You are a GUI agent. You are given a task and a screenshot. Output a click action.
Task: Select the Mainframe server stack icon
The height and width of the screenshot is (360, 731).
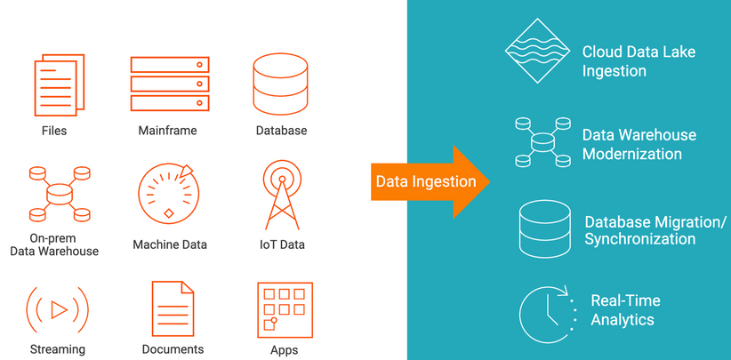click(169, 84)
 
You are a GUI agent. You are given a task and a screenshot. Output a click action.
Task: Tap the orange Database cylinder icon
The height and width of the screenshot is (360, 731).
click(280, 84)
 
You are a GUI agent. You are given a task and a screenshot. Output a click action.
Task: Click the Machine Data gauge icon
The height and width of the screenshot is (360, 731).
click(168, 193)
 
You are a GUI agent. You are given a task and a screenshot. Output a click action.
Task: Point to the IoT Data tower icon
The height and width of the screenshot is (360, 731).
click(281, 194)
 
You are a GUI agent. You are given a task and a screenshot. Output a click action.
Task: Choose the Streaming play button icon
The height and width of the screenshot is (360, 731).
click(58, 309)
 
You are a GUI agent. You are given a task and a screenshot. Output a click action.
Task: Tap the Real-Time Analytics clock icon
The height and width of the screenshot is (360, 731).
click(545, 311)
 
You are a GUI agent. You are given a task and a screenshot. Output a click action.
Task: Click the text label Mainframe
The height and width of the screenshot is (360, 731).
click(167, 131)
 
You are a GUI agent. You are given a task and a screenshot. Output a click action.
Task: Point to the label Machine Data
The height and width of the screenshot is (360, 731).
click(169, 244)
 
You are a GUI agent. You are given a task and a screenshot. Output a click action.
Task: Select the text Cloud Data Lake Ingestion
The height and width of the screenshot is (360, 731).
click(639, 61)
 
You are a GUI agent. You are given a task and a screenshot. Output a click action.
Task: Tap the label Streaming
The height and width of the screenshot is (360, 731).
click(58, 349)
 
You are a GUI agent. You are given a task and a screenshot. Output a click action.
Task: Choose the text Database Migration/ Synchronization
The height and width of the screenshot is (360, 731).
click(655, 230)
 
